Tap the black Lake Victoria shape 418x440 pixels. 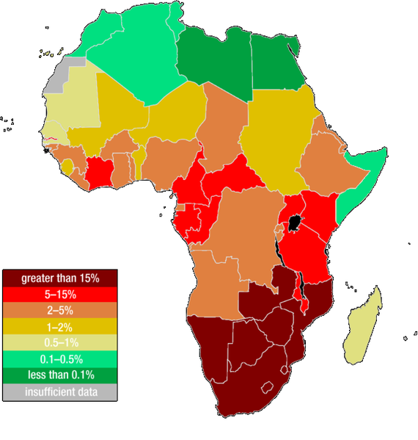(x=295, y=223)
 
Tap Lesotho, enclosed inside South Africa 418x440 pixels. (x=268, y=387)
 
